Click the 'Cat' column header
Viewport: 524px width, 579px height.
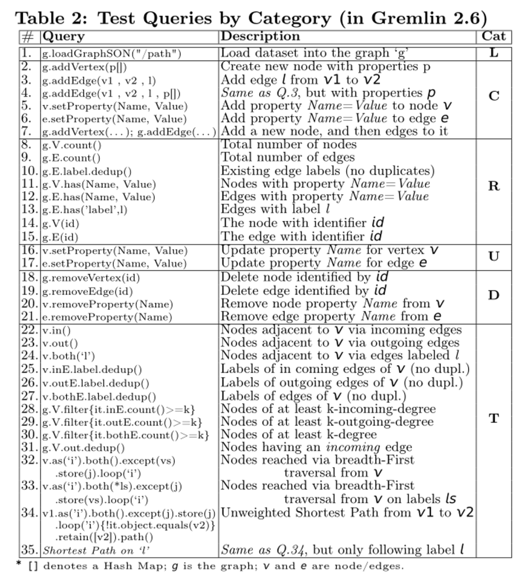493,36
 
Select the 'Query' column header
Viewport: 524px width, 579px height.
64,36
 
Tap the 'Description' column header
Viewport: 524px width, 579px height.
260,36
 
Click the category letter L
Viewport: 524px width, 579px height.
493,53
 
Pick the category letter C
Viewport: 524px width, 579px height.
493,96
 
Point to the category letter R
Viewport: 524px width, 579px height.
493,186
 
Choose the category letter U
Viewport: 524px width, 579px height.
493,256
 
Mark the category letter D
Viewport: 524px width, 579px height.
493,295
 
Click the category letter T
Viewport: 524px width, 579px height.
493,418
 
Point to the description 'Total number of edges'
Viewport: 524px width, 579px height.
288,158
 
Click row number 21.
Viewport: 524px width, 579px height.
29,317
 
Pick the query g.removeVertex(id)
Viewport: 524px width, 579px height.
91,278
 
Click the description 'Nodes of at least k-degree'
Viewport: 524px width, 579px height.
298,434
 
